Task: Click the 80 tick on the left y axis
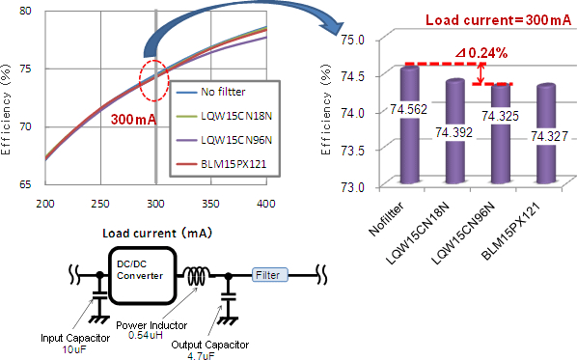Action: coord(26,11)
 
